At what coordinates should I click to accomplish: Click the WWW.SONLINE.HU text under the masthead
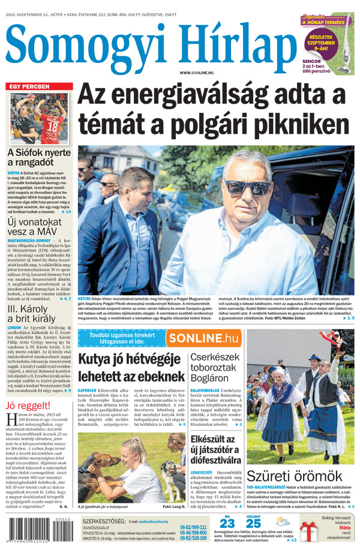click(200, 73)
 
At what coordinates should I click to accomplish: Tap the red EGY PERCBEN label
click(29, 87)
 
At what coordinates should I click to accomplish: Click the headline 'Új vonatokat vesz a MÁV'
click(34, 228)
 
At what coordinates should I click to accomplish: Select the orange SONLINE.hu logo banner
click(203, 338)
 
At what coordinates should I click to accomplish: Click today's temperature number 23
click(227, 523)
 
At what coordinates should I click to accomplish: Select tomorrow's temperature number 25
click(253, 523)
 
